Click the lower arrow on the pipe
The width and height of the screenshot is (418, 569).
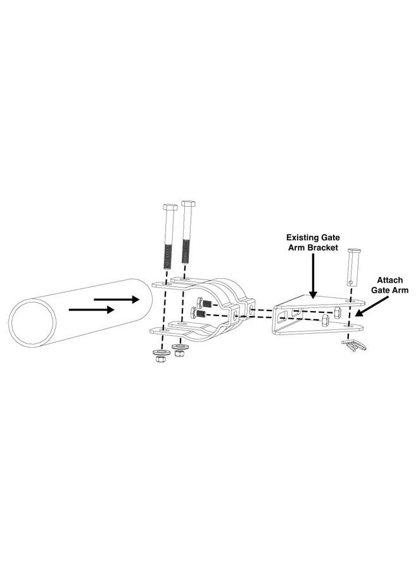pyautogui.click(x=91, y=310)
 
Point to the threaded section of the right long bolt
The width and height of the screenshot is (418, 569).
pyautogui.click(x=186, y=250)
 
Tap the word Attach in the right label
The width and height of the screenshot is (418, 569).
pyautogui.click(x=390, y=279)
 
